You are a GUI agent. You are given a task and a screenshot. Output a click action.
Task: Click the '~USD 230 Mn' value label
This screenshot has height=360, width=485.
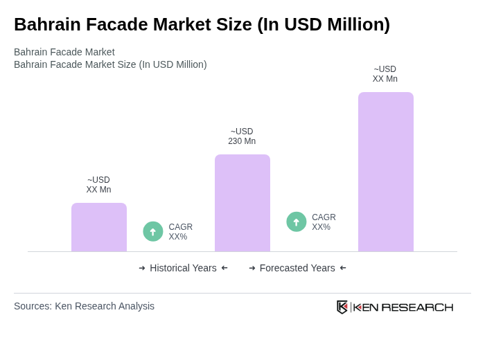click(242, 136)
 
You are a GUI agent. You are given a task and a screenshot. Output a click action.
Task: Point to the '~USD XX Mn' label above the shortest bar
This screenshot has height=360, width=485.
click(98, 185)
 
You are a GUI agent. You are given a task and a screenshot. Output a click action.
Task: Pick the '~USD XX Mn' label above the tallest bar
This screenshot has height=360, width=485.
click(385, 74)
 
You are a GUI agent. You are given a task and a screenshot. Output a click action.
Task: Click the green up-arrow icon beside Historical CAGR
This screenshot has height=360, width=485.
click(153, 232)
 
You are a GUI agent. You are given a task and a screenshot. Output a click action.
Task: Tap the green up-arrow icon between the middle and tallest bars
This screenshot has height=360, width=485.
click(297, 222)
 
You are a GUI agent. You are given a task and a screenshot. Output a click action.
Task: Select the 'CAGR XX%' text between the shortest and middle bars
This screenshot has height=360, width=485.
click(181, 232)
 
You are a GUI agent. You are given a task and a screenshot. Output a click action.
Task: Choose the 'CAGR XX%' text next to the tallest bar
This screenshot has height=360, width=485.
click(324, 222)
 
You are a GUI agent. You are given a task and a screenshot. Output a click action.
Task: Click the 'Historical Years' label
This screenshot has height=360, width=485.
click(183, 268)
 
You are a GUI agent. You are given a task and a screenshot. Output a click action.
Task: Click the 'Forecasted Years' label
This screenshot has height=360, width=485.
click(297, 268)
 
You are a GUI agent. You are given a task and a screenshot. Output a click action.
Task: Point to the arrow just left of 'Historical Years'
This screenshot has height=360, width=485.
click(142, 268)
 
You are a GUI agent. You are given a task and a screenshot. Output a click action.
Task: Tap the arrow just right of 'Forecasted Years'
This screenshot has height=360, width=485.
click(343, 268)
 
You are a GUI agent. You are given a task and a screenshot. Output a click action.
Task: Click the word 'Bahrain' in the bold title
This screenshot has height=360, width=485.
click(44, 24)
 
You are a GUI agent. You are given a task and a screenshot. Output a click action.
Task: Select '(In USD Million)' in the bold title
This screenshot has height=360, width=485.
click(324, 24)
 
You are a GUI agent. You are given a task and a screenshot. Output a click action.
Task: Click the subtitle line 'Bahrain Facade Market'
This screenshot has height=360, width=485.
click(64, 52)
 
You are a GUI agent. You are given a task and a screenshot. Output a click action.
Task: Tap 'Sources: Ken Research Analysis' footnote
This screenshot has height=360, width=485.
click(84, 306)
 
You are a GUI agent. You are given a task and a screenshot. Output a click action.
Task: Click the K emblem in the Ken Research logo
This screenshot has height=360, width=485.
click(342, 307)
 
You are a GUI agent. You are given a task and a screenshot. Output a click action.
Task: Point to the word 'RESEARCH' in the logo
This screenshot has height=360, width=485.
click(417, 307)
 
